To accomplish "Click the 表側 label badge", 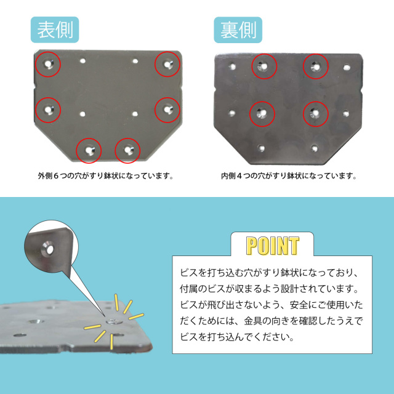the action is click(x=55, y=30).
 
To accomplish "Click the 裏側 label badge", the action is click(x=238, y=30).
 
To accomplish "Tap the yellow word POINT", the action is click(x=273, y=246).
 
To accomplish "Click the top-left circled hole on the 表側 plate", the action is click(x=48, y=64).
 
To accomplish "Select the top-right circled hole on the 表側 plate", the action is click(x=167, y=64).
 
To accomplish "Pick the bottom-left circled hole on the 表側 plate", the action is click(x=89, y=150).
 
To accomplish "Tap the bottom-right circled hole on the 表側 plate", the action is click(x=127, y=150).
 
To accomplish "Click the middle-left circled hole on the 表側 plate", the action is click(x=48, y=110).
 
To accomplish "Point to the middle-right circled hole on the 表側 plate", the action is click(x=167, y=110).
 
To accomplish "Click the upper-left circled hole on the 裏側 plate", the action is click(x=264, y=66).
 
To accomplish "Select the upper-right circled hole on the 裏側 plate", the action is click(x=316, y=66).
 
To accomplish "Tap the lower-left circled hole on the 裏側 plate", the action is click(x=262, y=114).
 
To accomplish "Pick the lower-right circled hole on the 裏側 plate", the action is click(x=316, y=114).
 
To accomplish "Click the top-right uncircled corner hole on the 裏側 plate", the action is click(x=347, y=67).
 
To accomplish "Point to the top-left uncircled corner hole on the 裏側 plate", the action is click(x=233, y=66).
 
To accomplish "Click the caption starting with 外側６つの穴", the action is click(x=106, y=175).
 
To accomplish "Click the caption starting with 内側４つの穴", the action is click(x=289, y=175).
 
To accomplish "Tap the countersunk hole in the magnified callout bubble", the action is click(x=48, y=249).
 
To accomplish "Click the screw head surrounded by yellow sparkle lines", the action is click(x=114, y=321).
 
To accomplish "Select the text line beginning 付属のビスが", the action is click(x=269, y=289).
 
